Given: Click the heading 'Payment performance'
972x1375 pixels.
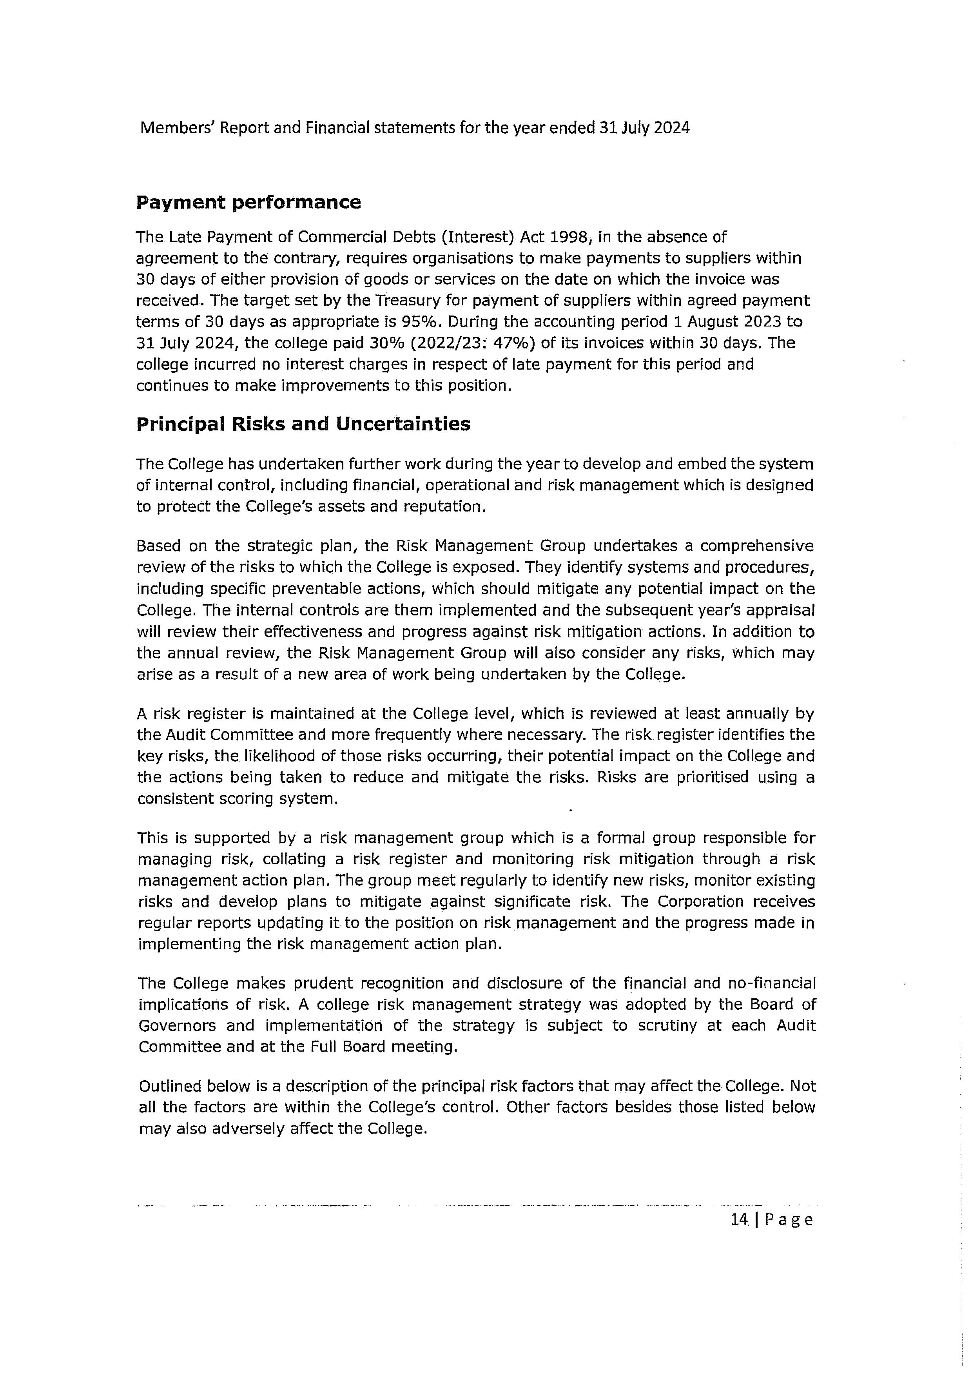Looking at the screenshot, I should point(248,202).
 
